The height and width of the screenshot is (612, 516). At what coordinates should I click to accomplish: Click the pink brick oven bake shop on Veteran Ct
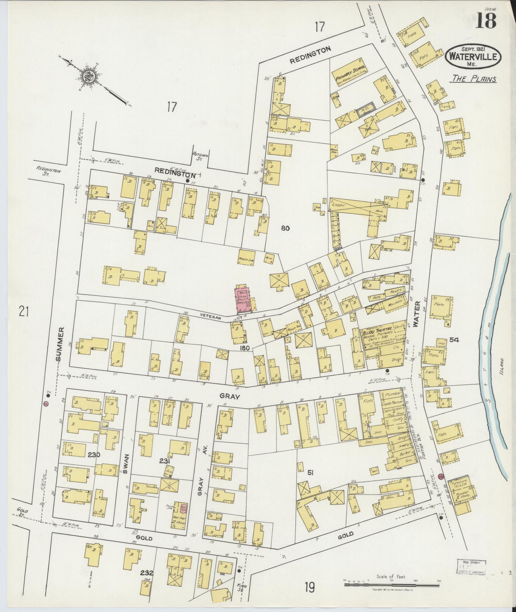[x=243, y=299]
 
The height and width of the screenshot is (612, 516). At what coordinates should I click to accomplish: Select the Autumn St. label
[x=200, y=156]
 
